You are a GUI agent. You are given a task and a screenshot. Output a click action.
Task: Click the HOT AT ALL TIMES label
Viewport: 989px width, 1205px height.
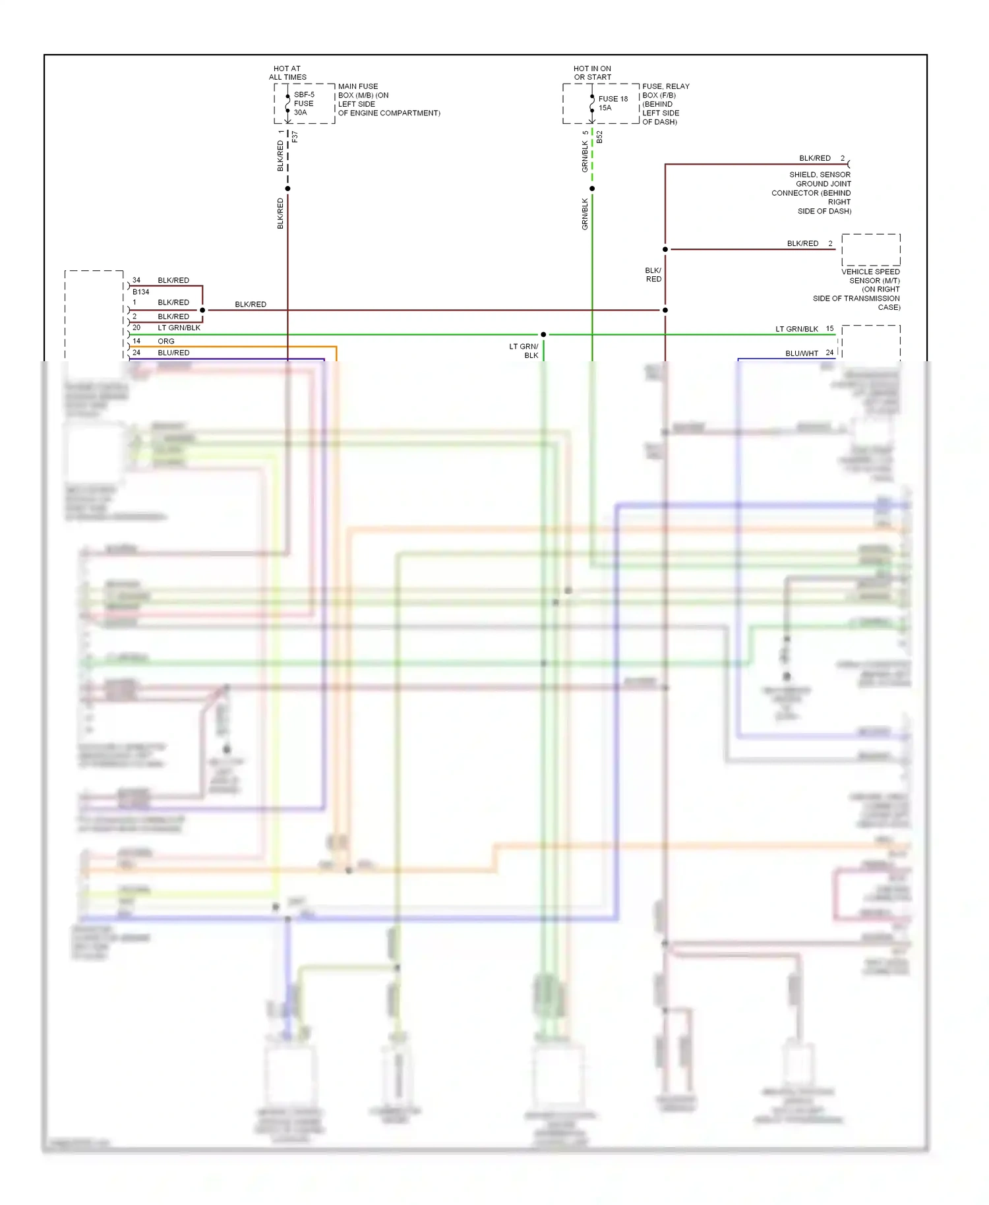(x=287, y=73)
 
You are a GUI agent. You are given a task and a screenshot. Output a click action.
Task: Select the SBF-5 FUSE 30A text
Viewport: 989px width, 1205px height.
(x=304, y=103)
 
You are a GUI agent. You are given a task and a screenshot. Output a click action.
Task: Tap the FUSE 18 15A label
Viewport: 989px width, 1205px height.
(x=613, y=103)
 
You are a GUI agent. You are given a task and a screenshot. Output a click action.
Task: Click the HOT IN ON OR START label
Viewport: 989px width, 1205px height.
(x=592, y=73)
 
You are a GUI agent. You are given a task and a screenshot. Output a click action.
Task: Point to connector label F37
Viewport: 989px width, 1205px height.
(x=295, y=136)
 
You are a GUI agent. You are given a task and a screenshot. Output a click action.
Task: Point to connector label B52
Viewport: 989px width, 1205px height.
(x=599, y=137)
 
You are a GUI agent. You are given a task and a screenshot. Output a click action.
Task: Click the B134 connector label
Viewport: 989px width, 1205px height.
(x=140, y=292)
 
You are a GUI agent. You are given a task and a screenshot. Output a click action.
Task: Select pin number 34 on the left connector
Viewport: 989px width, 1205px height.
(x=136, y=280)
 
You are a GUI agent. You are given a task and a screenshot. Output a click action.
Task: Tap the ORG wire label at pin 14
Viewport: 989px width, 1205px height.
(x=166, y=341)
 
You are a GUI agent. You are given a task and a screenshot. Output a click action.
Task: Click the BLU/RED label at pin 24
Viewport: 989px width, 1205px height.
(x=173, y=353)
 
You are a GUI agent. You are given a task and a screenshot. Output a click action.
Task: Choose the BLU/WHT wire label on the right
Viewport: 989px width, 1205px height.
(x=801, y=353)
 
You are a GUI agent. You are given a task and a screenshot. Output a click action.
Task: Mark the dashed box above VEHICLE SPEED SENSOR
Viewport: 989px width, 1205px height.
(x=870, y=250)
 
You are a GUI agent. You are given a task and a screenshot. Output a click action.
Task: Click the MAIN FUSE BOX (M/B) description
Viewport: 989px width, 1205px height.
(x=388, y=100)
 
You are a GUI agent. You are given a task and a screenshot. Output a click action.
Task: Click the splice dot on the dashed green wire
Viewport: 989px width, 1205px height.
(x=592, y=189)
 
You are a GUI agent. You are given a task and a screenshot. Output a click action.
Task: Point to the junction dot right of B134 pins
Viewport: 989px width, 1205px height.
(x=202, y=310)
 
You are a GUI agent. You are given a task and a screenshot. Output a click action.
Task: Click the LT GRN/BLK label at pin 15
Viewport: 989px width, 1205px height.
(x=796, y=329)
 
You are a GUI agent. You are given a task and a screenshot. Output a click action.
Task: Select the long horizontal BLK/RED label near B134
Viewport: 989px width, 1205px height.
(x=251, y=305)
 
